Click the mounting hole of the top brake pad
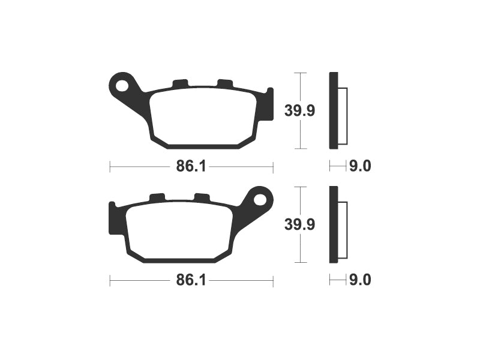[x=122, y=85]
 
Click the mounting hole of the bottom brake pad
[x=260, y=200]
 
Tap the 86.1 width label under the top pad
[x=191, y=167]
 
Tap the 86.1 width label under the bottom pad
[x=191, y=280]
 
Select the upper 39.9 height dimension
[x=299, y=110]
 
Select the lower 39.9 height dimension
[x=299, y=224]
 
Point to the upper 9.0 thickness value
[x=360, y=166]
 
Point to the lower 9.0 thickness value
[x=360, y=280]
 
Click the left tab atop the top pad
[x=179, y=83]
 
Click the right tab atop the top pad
[x=224, y=83]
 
